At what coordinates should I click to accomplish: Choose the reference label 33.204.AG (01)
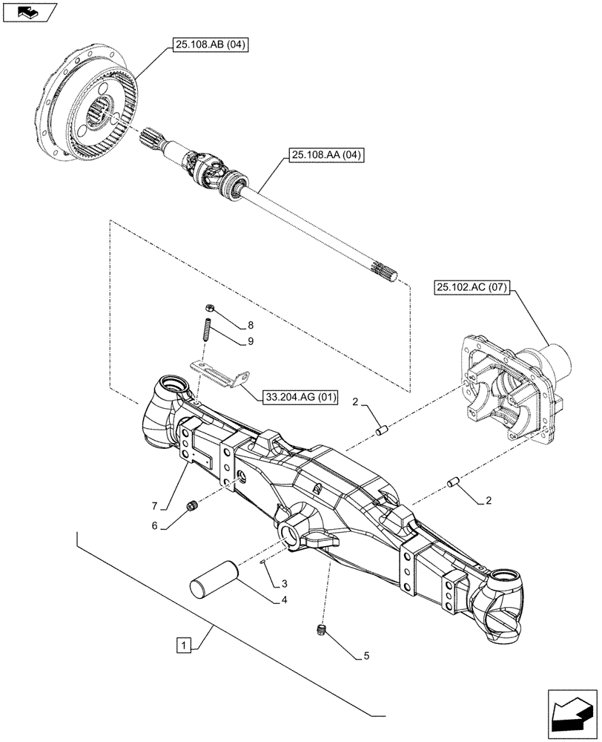(299, 398)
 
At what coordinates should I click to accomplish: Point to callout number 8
(251, 324)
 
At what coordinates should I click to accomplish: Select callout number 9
(251, 341)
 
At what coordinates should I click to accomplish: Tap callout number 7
(155, 506)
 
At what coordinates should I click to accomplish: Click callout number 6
(155, 525)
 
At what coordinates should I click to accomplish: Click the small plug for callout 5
(322, 630)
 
